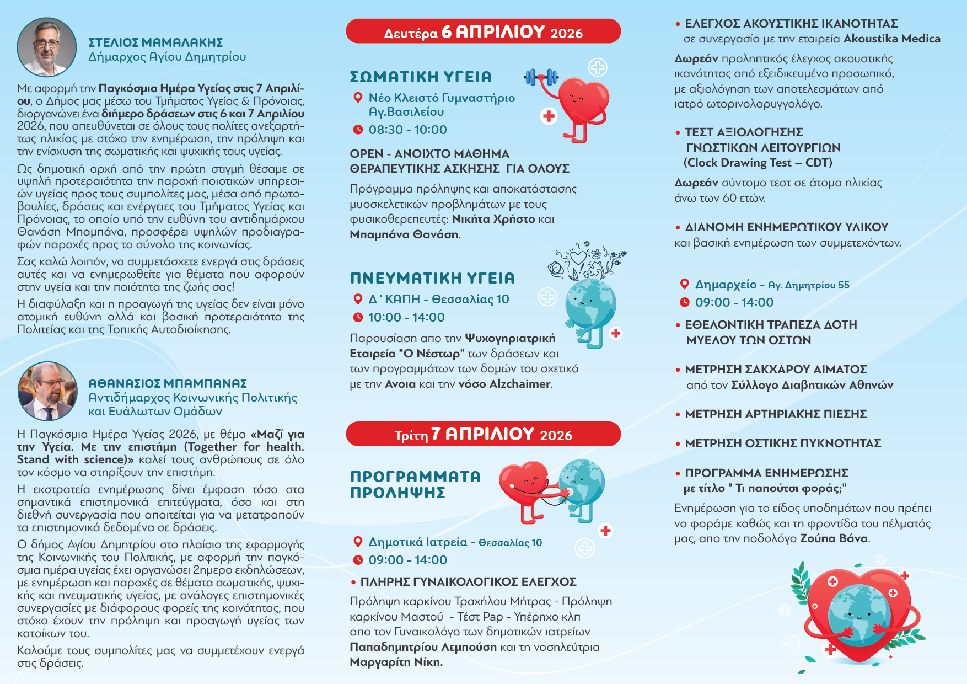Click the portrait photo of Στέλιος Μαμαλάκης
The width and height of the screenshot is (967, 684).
click(47, 47)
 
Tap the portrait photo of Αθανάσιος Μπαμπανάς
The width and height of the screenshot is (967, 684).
click(48, 391)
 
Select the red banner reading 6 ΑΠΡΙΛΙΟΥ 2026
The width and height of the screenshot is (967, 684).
click(483, 31)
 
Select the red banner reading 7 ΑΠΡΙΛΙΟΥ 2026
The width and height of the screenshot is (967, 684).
click(483, 434)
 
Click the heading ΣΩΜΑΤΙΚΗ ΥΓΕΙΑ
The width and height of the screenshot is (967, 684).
click(421, 77)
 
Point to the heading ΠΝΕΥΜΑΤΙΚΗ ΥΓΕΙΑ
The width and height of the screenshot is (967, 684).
click(432, 278)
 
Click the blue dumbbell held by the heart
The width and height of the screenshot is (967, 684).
click(541, 77)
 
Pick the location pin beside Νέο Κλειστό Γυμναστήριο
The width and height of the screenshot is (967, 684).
click(357, 98)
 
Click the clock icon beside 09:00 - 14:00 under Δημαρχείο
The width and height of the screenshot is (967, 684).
click(684, 302)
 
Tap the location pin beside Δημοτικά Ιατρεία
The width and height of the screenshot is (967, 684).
click(357, 542)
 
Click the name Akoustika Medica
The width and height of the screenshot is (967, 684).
click(891, 39)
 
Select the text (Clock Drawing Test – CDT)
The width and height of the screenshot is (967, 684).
click(758, 163)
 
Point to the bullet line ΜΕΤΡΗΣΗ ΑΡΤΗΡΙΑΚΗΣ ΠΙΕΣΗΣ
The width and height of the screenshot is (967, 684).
click(775, 414)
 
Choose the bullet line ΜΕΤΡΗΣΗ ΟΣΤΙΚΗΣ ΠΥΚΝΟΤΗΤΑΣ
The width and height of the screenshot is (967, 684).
click(782, 443)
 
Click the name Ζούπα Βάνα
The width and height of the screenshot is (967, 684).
click(834, 538)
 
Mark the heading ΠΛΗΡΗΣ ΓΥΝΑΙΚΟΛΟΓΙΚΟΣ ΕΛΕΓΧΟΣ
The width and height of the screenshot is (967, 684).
click(468, 581)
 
